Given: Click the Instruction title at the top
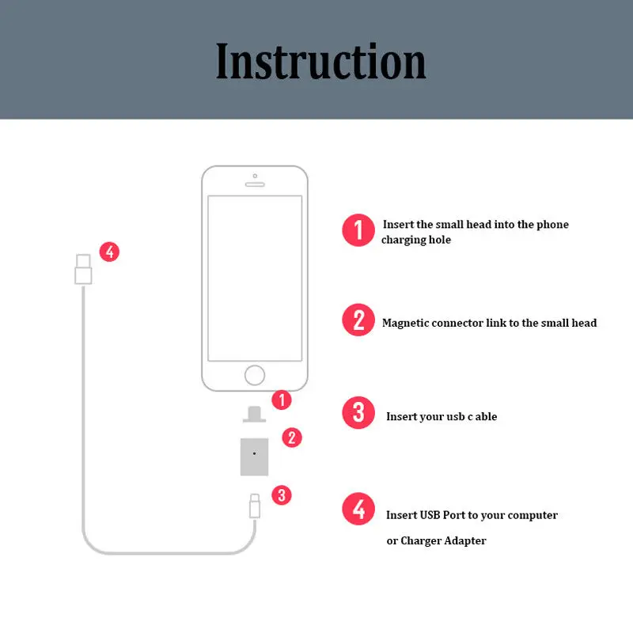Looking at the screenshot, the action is pyautogui.click(x=320, y=61).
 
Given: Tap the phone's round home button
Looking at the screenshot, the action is pyautogui.click(x=254, y=374).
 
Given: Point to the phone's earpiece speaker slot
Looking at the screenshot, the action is pyautogui.click(x=254, y=184).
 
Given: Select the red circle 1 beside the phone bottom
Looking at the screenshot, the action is pyautogui.click(x=281, y=400).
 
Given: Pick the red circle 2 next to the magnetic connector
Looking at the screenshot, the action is pyautogui.click(x=292, y=437).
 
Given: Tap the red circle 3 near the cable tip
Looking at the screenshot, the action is pyautogui.click(x=282, y=495).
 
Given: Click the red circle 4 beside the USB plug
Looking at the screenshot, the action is pyautogui.click(x=109, y=252).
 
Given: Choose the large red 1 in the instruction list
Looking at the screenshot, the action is pyautogui.click(x=358, y=230).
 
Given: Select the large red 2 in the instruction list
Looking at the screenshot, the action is pyautogui.click(x=358, y=320).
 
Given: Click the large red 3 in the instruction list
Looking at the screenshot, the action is pyautogui.click(x=358, y=413).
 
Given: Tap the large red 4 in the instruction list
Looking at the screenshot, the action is pyautogui.click(x=358, y=509).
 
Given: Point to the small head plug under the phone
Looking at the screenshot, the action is pyautogui.click(x=254, y=414).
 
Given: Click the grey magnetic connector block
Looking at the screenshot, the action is pyautogui.click(x=254, y=454).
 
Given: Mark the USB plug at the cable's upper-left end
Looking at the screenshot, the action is pyautogui.click(x=82, y=268).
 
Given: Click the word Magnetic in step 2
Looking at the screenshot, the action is pyautogui.click(x=405, y=323).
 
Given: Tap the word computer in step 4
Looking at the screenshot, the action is pyautogui.click(x=533, y=515).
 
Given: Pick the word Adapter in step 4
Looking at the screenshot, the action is pyautogui.click(x=465, y=541).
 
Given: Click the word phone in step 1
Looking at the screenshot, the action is pyautogui.click(x=552, y=225).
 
